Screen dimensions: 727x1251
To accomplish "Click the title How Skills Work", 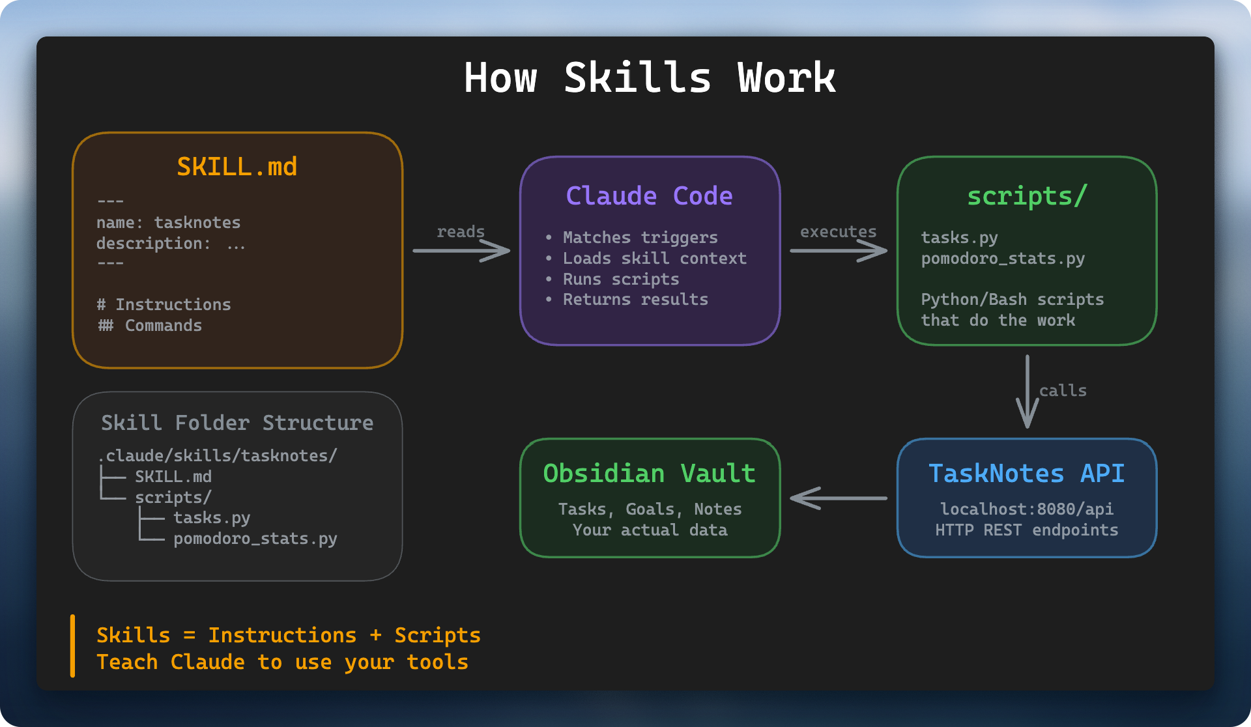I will click(650, 78).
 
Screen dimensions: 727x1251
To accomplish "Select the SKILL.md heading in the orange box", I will click(237, 167).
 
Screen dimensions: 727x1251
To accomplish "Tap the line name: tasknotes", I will click(168, 223).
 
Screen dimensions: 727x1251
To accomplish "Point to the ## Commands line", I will click(150, 326).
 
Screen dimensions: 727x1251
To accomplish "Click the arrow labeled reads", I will click(461, 251).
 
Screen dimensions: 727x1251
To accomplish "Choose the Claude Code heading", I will click(649, 196).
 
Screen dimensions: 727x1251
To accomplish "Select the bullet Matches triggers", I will click(640, 238).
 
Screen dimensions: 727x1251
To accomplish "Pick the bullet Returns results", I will click(635, 300).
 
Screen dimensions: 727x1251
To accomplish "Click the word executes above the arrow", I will click(838, 232).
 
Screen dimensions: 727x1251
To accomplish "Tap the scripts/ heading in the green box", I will click(1027, 196).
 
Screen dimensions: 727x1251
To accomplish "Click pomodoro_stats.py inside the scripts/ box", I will click(1003, 259).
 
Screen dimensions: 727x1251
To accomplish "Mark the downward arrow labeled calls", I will click(1028, 392).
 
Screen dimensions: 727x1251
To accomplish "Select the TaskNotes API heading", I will click(1026, 474).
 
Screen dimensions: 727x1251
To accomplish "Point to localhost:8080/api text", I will click(1026, 509).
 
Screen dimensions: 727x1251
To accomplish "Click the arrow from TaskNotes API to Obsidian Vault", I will click(838, 498).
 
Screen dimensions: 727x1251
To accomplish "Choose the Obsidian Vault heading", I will click(649, 474).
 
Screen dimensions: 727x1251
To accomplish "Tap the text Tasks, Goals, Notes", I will click(650, 509).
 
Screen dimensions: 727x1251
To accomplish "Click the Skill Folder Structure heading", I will click(237, 423).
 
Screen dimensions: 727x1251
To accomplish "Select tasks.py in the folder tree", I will click(212, 518).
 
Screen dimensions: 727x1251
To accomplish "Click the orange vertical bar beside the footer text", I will click(72, 646).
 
